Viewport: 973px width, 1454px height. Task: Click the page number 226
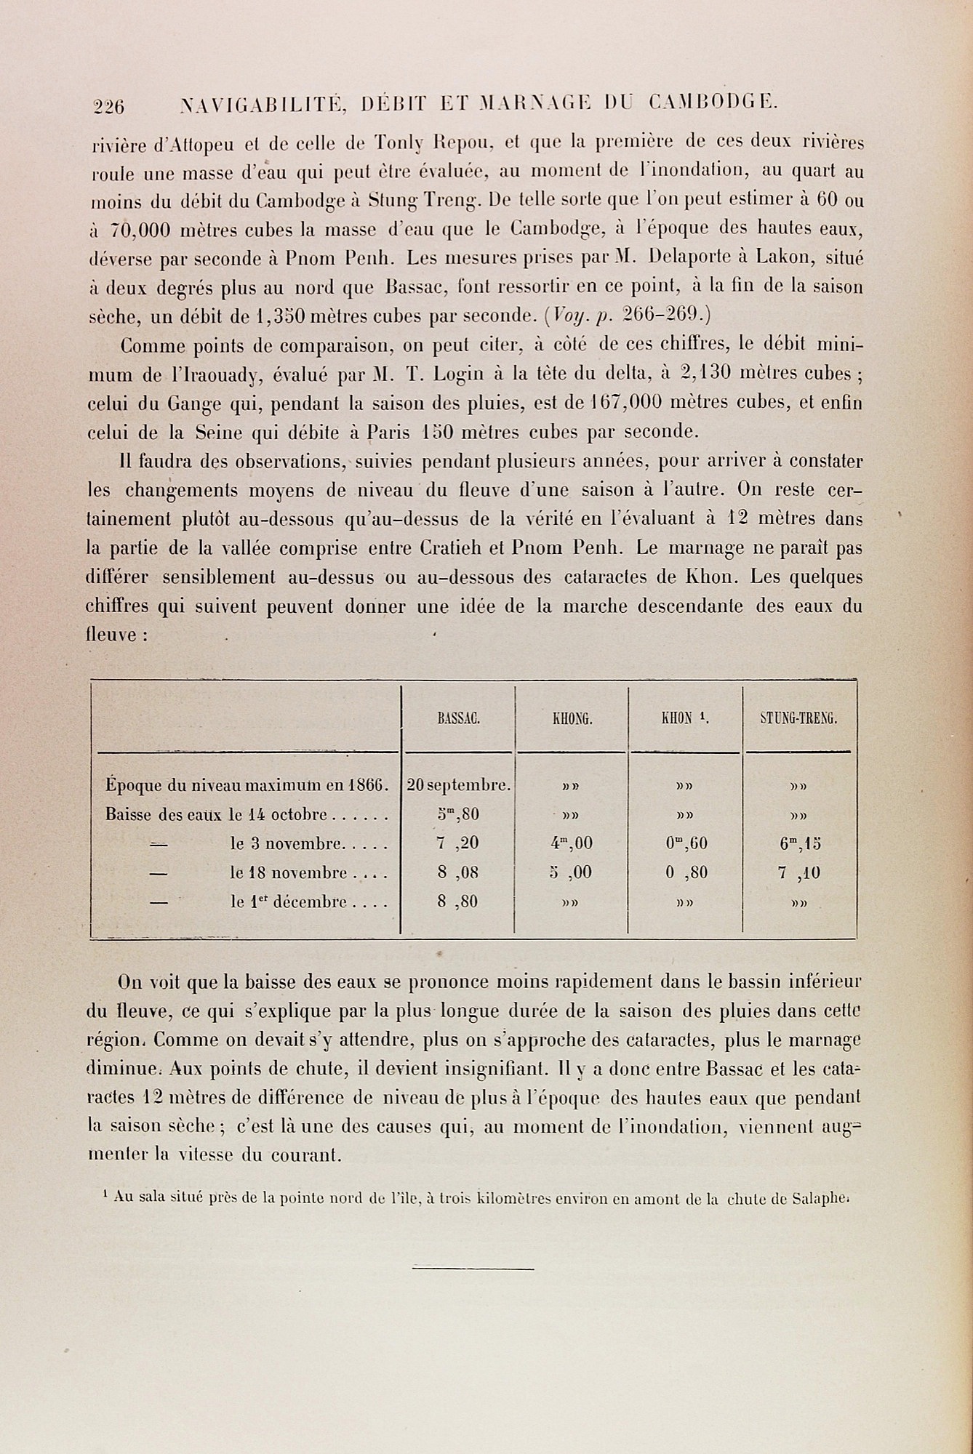point(109,106)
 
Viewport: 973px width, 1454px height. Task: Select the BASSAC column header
point(458,720)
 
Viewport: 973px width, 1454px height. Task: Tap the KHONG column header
point(572,720)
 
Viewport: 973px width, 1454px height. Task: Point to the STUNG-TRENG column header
point(798,720)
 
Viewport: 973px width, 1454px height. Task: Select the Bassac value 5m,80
point(458,814)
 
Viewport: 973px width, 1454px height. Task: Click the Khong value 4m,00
point(572,844)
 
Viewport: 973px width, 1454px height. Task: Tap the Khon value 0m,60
point(686,844)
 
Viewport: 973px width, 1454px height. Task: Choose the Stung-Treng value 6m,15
point(798,844)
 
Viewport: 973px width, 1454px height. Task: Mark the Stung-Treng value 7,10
point(798,873)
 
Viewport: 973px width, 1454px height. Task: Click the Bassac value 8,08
point(458,873)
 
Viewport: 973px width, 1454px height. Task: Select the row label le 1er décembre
point(305,902)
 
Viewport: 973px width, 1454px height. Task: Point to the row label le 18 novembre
point(305,873)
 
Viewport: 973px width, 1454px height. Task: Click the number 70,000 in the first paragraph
point(140,230)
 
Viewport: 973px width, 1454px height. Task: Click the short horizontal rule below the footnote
point(473,1269)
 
